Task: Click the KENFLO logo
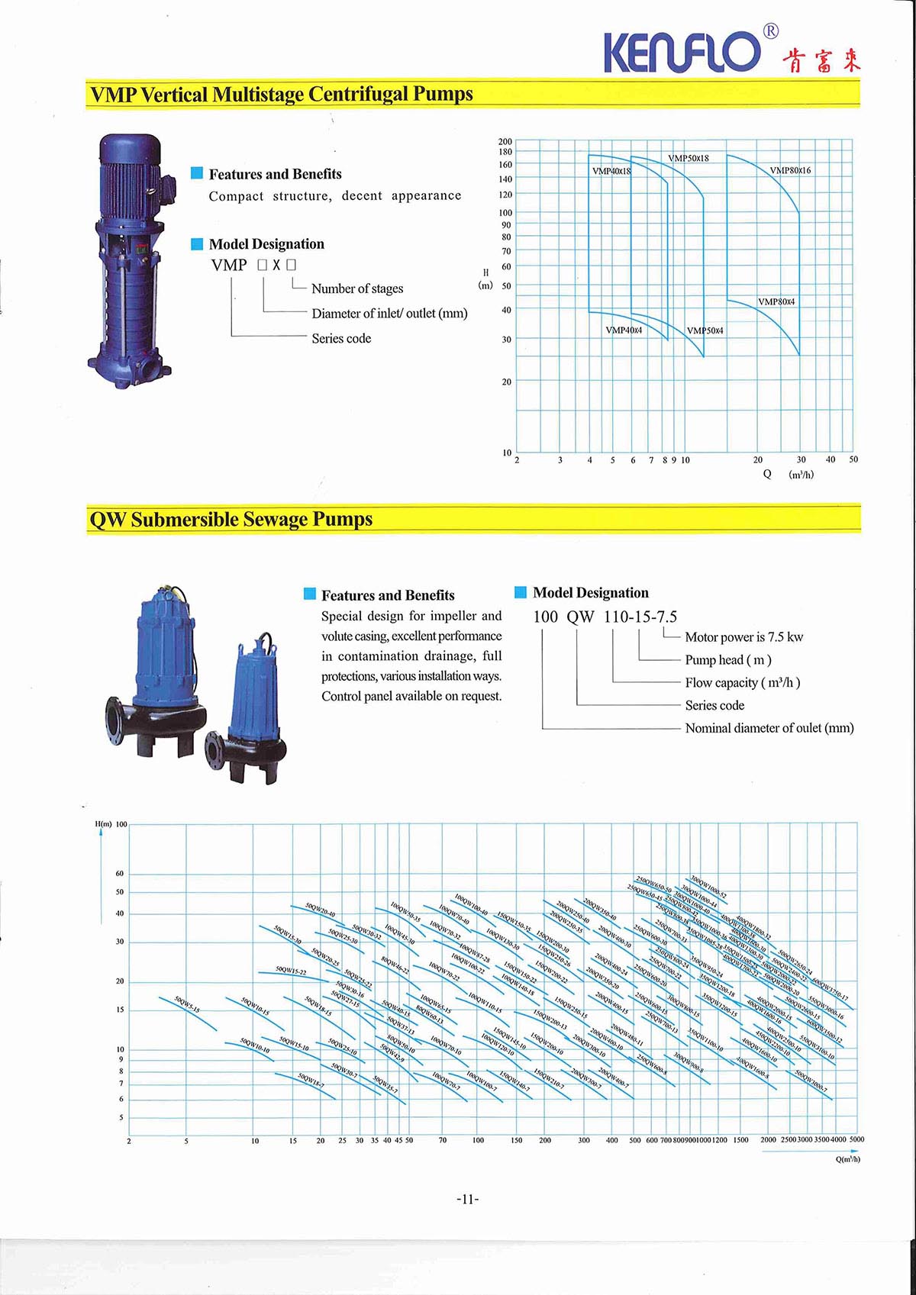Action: coord(683,52)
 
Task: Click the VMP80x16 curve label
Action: coord(790,170)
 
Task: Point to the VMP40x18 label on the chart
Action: coord(611,171)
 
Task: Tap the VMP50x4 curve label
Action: coord(705,330)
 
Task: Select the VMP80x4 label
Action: coord(776,301)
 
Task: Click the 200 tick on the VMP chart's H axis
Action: coord(505,141)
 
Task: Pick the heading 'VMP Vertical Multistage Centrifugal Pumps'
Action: coord(281,95)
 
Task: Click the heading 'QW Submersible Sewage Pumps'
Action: coord(231,520)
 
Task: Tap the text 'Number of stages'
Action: coord(357,288)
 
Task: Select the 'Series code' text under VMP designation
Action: coord(341,338)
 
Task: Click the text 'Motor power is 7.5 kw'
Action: coord(743,637)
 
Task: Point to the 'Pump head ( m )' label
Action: coord(727,660)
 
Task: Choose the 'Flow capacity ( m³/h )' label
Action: coord(742,683)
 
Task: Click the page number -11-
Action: coord(467,1200)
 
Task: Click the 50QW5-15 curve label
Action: coord(187,1004)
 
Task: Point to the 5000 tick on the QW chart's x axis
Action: coord(856,1139)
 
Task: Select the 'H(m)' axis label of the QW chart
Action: coord(103,824)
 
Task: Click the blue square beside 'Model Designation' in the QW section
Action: coord(521,592)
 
